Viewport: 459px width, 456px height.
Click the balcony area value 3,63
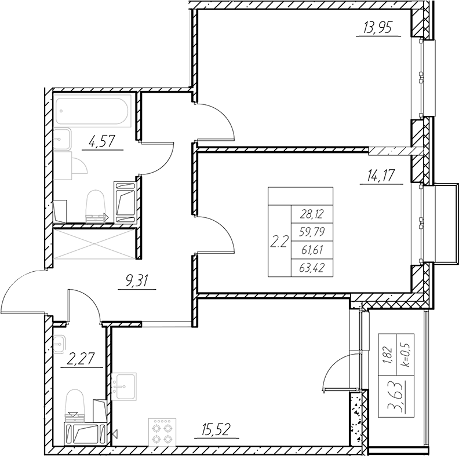point(398,398)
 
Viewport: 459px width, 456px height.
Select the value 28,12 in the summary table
point(311,214)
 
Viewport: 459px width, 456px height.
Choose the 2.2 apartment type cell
point(279,241)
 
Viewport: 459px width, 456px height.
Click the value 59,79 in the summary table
point(311,232)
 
